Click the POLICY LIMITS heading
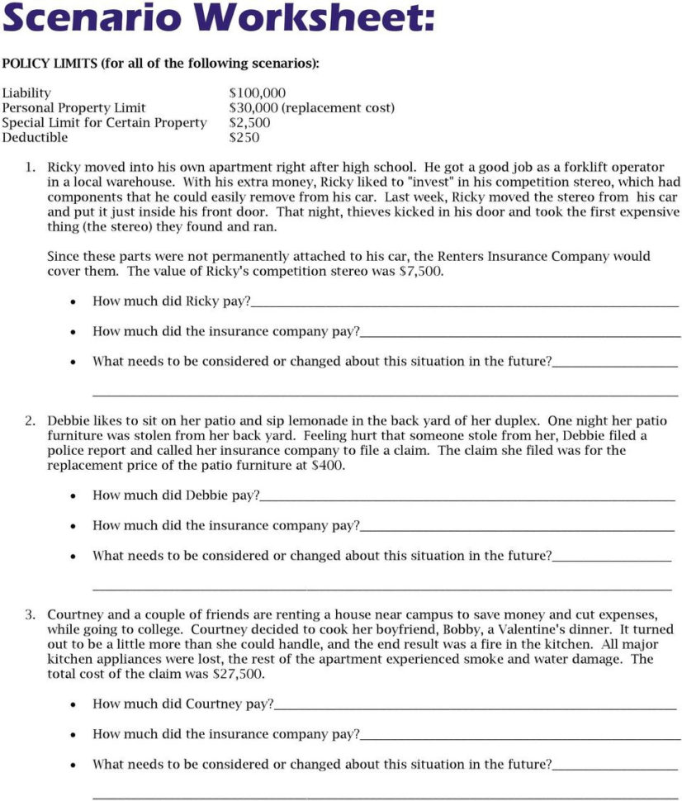click(49, 64)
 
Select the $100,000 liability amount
click(257, 93)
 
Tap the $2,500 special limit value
click(249, 123)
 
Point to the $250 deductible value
click(244, 138)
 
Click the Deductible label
click(35, 138)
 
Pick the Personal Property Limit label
click(73, 108)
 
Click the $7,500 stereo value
click(425, 271)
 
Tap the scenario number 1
click(30, 167)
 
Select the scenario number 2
click(30, 420)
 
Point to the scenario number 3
click(30, 614)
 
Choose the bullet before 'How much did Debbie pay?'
click(73, 495)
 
